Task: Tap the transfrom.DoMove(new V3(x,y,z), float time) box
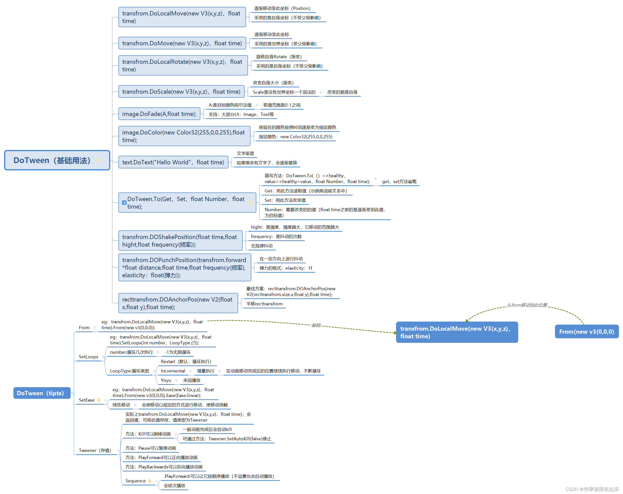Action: (182, 43)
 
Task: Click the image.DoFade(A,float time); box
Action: (159, 114)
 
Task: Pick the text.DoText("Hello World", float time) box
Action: (173, 162)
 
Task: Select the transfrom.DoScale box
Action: (181, 92)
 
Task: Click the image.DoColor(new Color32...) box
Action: (184, 136)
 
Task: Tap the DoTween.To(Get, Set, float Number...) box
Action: (187, 203)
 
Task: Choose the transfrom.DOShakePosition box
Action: (180, 241)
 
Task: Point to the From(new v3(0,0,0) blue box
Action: (586, 331)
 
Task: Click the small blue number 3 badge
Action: (124, 203)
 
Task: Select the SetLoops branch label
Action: (88, 357)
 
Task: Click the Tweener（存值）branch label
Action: (95, 450)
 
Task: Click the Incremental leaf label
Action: (173, 371)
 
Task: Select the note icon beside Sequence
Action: (150, 481)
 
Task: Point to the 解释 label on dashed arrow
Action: (316, 325)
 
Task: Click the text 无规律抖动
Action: (261, 246)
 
